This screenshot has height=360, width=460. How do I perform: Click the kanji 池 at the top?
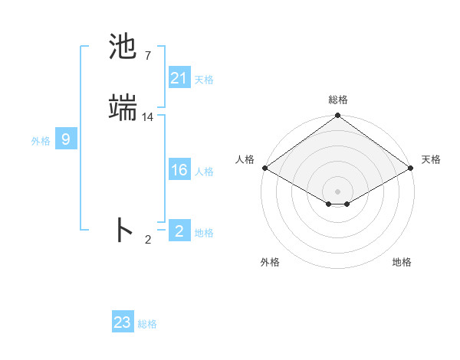click(x=123, y=47)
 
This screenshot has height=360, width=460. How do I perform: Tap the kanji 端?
click(x=123, y=109)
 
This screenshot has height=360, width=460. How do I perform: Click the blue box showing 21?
click(x=179, y=78)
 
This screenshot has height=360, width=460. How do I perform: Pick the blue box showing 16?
click(x=179, y=170)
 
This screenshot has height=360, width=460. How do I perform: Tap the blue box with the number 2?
click(x=179, y=231)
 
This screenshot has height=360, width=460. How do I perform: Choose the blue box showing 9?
click(x=67, y=139)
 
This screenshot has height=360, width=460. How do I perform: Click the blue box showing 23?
click(x=123, y=322)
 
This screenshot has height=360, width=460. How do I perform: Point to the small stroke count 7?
click(x=147, y=56)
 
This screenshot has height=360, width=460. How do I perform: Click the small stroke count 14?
click(x=148, y=117)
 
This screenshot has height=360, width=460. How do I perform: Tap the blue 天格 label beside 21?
click(x=204, y=80)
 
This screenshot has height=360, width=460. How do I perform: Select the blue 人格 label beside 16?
click(x=204, y=172)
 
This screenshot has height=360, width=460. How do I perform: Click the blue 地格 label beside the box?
click(x=204, y=233)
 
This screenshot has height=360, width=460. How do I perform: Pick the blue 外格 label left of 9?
click(x=41, y=141)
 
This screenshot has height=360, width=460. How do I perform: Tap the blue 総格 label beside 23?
click(x=147, y=324)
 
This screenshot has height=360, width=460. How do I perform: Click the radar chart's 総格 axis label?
click(x=338, y=100)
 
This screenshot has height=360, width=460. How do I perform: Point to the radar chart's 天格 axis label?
click(x=431, y=159)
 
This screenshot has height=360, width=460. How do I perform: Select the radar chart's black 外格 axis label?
click(x=270, y=263)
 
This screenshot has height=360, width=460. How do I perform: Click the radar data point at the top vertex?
click(x=337, y=116)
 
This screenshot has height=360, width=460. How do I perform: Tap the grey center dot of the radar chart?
click(x=337, y=191)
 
